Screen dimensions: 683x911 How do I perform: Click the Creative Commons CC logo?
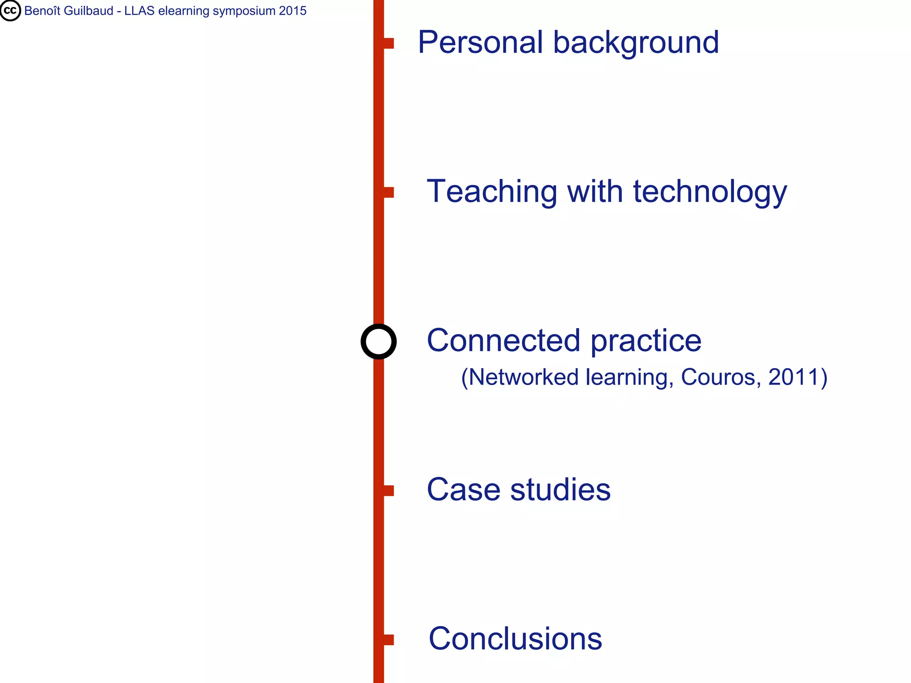coord(10,11)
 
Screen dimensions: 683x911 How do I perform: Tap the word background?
coord(636,43)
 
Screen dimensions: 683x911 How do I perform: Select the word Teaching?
coord(492,192)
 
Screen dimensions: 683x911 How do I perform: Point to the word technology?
coord(710,192)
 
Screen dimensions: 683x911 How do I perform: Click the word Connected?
coord(504,341)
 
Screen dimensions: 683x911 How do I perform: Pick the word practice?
coord(646,341)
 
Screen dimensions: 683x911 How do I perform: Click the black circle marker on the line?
coord(379,341)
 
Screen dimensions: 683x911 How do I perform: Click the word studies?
coord(560,490)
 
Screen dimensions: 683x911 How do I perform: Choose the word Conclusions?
coord(515,639)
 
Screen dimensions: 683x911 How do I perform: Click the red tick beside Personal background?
coord(388,43)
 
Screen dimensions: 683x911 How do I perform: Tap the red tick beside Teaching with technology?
coord(388,192)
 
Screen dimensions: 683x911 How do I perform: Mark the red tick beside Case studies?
coord(388,490)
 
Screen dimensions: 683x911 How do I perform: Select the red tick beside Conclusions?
coord(388,639)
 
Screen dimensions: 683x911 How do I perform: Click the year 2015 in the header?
coord(293,11)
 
